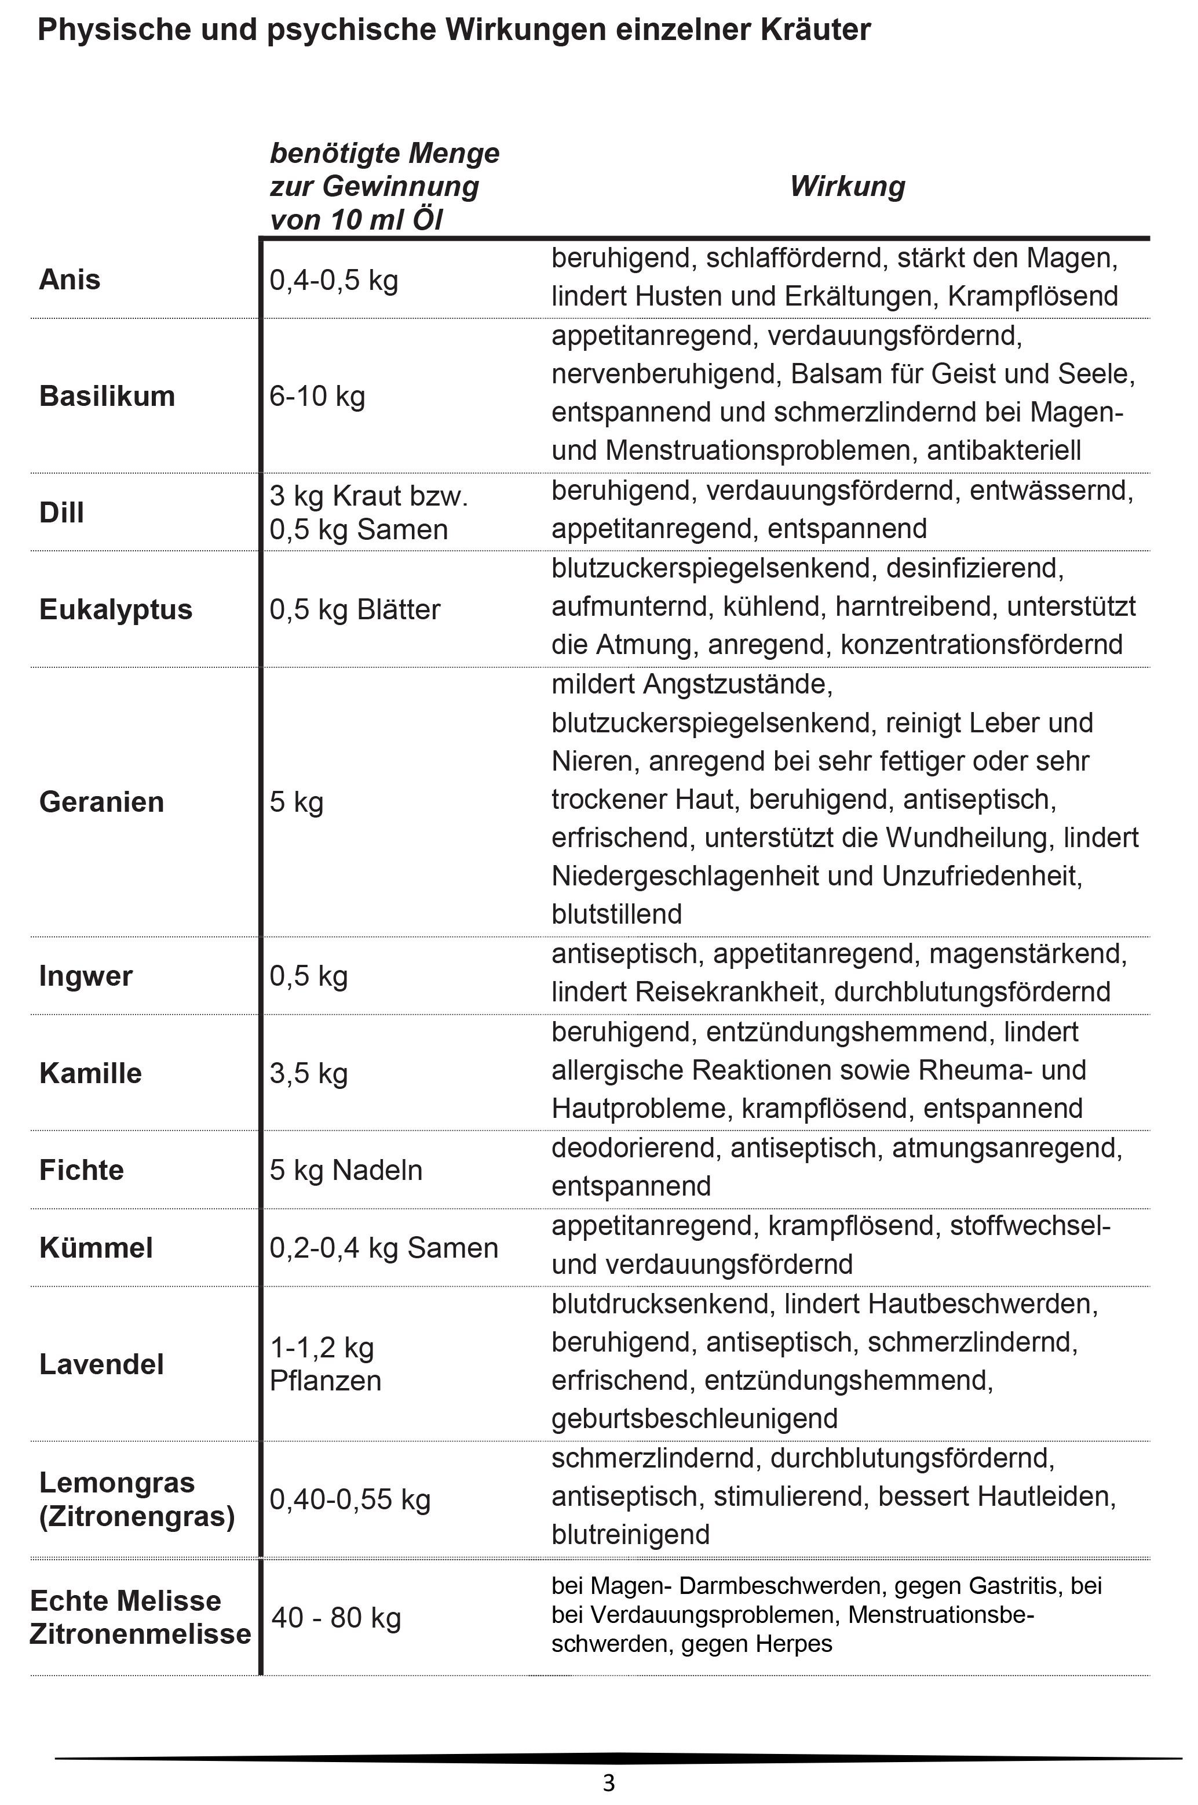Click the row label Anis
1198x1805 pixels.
[x=70, y=280]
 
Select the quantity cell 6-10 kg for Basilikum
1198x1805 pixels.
[x=317, y=396]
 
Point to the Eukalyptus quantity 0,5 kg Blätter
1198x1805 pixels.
[x=355, y=609]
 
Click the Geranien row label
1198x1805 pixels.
[x=101, y=802]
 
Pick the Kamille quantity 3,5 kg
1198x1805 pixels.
[x=309, y=1073]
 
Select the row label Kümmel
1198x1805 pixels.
[x=96, y=1248]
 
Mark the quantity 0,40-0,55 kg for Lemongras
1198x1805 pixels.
[x=350, y=1499]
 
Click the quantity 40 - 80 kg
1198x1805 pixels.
[x=336, y=1618]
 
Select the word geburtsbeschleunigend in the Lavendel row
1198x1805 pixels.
[x=695, y=1418]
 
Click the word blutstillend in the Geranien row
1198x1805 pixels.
[x=616, y=914]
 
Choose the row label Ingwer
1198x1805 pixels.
[x=86, y=976]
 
